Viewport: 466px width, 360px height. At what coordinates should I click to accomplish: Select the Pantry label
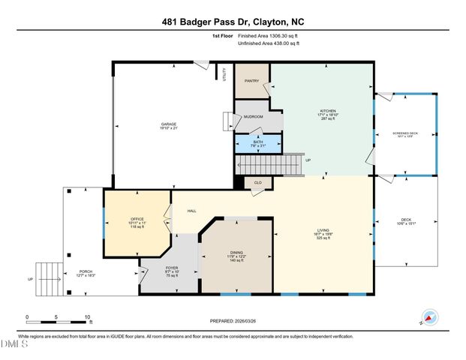251,81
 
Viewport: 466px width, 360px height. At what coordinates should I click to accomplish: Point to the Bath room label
258,142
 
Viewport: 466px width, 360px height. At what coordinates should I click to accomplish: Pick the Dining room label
236,254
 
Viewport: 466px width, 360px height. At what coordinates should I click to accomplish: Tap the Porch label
86,274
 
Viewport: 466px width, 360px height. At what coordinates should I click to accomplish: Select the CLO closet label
257,181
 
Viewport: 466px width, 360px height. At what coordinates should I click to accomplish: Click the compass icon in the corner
429,316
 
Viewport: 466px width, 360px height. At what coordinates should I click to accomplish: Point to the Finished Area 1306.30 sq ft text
269,34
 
